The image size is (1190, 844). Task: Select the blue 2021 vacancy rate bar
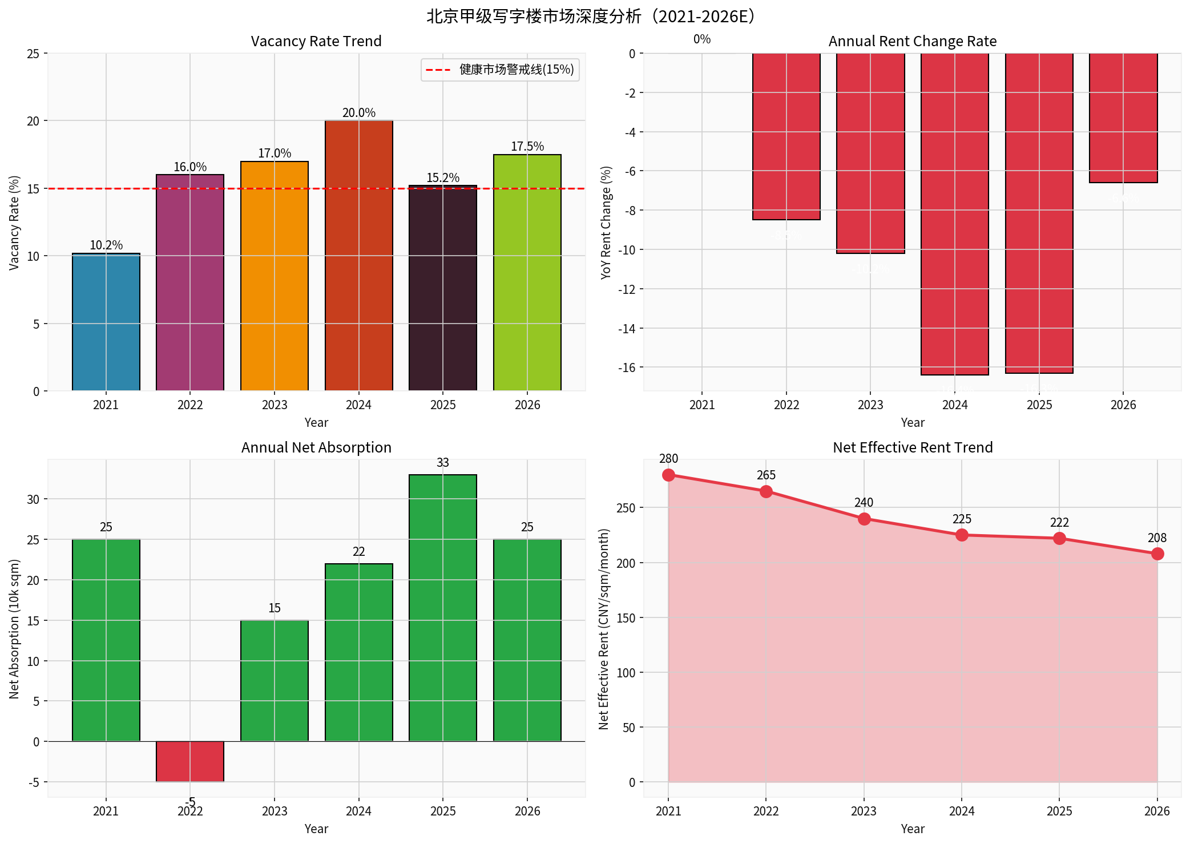point(106,322)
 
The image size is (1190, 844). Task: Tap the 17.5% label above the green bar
point(527,147)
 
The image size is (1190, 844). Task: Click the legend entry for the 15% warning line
point(500,70)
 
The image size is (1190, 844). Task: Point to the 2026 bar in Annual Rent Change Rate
point(1123,118)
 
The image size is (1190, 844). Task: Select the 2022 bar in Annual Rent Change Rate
point(786,137)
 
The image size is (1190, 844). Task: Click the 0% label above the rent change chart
point(701,39)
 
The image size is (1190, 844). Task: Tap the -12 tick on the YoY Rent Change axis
point(627,289)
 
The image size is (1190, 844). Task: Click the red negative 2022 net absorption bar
point(190,761)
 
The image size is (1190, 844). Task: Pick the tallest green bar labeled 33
point(442,608)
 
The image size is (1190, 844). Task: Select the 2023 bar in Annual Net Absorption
point(275,681)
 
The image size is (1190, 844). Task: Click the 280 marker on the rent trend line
point(668,475)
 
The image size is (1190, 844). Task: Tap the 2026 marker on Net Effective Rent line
point(1157,554)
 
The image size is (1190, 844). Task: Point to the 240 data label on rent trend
point(864,503)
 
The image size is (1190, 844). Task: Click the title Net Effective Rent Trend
point(912,447)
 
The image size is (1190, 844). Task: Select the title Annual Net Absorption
point(316,447)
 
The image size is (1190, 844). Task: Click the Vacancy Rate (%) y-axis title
point(14,223)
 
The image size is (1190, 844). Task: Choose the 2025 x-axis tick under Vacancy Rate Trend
point(442,405)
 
